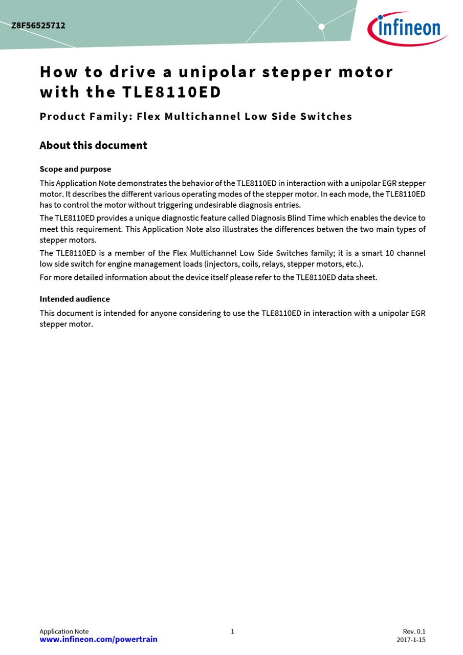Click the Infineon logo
[407, 28]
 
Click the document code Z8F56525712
[38, 26]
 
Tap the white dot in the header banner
[321, 27]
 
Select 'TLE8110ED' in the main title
[171, 92]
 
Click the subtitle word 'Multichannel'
[202, 116]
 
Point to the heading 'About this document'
[93, 145]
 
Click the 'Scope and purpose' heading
[75, 169]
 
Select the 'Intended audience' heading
[75, 299]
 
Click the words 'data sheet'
[357, 277]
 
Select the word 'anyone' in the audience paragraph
[163, 313]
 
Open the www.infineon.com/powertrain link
[98, 639]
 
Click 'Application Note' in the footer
[64, 631]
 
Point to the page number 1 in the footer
[232, 631]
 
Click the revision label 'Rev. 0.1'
[414, 631]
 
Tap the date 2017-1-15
[411, 640]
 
